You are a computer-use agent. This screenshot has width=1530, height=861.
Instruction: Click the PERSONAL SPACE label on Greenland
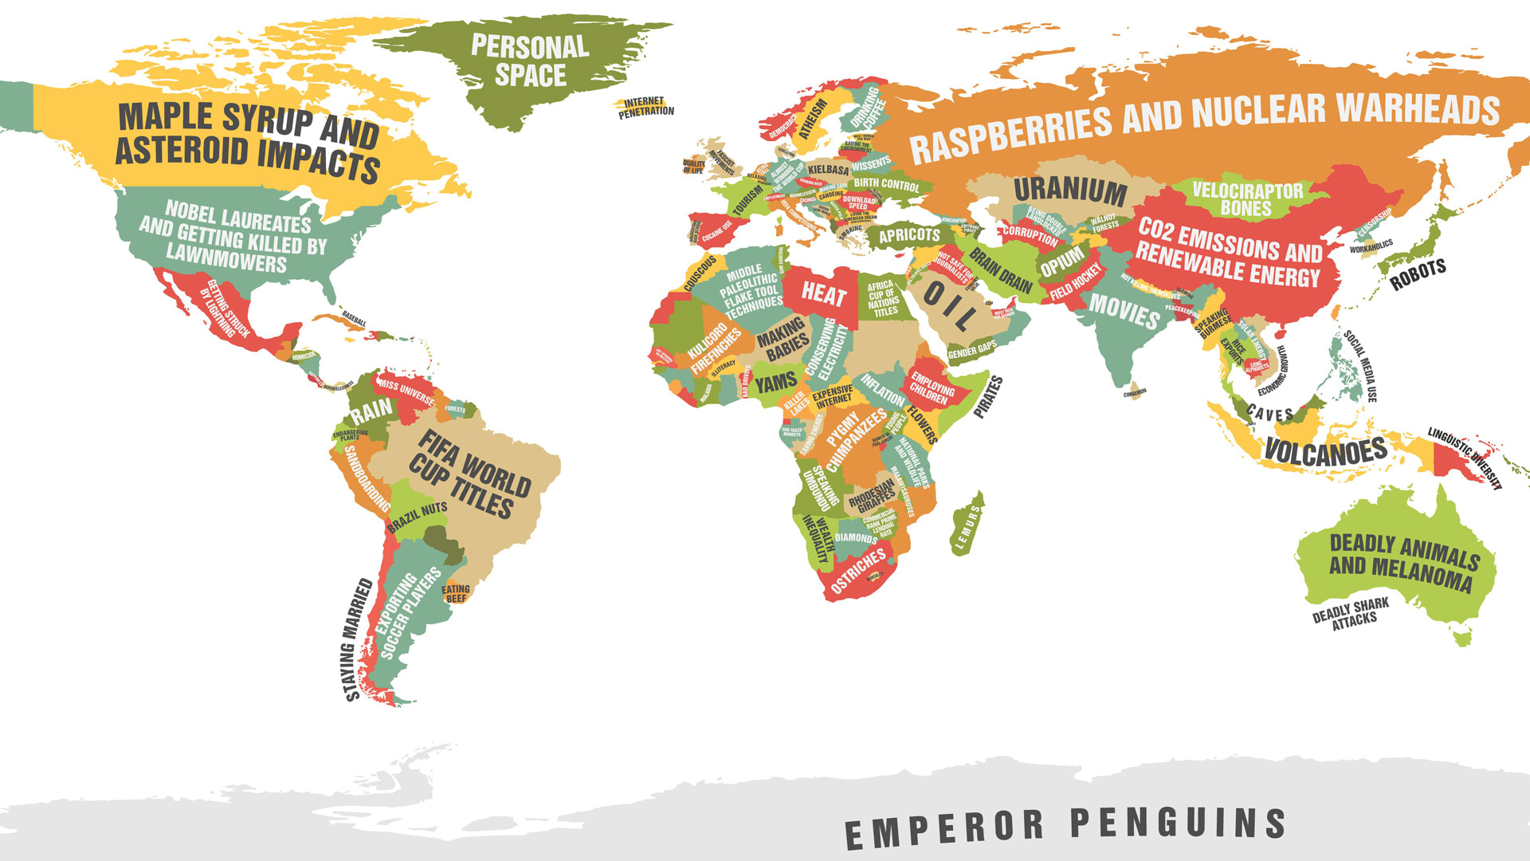530,61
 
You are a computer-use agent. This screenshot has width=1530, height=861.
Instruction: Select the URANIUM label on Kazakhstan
1070,191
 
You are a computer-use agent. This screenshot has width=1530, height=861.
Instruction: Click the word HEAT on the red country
823,294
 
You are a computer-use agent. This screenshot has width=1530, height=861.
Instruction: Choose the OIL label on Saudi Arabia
948,305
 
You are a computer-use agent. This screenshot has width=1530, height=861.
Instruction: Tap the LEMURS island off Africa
967,525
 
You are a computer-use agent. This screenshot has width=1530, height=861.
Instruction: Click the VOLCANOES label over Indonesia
1325,453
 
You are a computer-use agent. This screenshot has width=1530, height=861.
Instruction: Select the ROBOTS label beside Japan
1418,274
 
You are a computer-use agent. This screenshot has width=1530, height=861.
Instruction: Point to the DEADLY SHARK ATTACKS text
1351,614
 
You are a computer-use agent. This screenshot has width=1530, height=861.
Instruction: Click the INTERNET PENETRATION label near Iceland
645,107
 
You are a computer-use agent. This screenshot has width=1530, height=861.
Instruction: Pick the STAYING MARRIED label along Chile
358,639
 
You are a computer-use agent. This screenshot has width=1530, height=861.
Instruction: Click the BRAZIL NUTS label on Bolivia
417,517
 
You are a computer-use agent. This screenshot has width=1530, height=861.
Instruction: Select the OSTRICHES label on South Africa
857,571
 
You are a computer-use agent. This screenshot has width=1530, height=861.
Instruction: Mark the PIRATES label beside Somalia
988,397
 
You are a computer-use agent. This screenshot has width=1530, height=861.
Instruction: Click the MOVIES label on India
1124,311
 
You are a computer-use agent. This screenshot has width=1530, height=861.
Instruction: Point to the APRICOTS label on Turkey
909,235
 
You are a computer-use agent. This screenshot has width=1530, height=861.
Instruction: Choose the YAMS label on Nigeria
775,383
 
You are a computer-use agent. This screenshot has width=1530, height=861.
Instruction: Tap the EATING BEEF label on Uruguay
456,594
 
